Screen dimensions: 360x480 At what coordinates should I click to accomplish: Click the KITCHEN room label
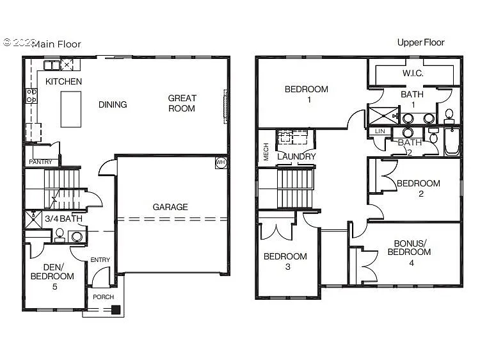point(63,81)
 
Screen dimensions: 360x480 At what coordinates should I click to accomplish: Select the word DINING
point(113,104)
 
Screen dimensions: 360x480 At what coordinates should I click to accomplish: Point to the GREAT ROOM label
point(182,103)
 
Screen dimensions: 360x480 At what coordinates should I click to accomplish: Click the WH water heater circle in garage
point(221,162)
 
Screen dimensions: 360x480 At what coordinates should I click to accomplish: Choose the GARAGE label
point(170,207)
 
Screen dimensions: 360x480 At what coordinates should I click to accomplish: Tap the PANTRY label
point(40,162)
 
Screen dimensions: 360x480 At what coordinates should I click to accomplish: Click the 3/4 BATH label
point(63,219)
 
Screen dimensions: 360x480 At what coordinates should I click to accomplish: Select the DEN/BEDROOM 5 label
point(52,276)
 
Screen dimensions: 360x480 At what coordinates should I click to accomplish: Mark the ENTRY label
point(100,259)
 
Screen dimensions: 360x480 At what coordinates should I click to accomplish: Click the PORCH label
point(104,297)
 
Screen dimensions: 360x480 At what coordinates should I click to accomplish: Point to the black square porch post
point(115,311)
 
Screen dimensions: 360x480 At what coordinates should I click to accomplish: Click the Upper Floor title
point(420,42)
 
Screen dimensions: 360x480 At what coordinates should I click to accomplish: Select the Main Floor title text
point(56,44)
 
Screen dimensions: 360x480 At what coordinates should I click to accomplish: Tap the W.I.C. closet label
point(412,73)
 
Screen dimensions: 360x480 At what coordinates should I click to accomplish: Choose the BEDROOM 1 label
point(307,94)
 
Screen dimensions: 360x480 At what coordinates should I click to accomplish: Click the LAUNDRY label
point(296,156)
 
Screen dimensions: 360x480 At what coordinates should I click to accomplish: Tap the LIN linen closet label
point(380,131)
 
